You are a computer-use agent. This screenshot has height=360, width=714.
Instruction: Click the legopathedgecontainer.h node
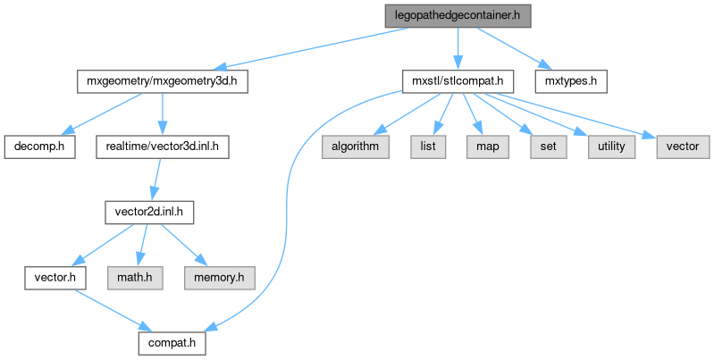tap(458, 16)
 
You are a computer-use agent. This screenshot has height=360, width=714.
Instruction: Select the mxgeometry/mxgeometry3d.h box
tap(161, 81)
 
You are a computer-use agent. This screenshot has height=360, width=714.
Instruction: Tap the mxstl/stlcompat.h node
tap(458, 81)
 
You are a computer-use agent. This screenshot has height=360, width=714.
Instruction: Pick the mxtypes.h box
tap(571, 81)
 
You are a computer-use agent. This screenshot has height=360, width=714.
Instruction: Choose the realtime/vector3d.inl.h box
tap(162, 146)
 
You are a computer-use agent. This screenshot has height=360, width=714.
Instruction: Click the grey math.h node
tap(137, 277)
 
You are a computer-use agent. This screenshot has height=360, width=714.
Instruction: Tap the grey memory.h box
tap(214, 277)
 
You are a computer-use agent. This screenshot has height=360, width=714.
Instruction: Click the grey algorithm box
tap(356, 146)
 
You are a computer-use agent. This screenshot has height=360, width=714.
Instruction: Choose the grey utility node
tap(611, 146)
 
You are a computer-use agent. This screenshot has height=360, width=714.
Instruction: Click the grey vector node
tap(683, 146)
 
